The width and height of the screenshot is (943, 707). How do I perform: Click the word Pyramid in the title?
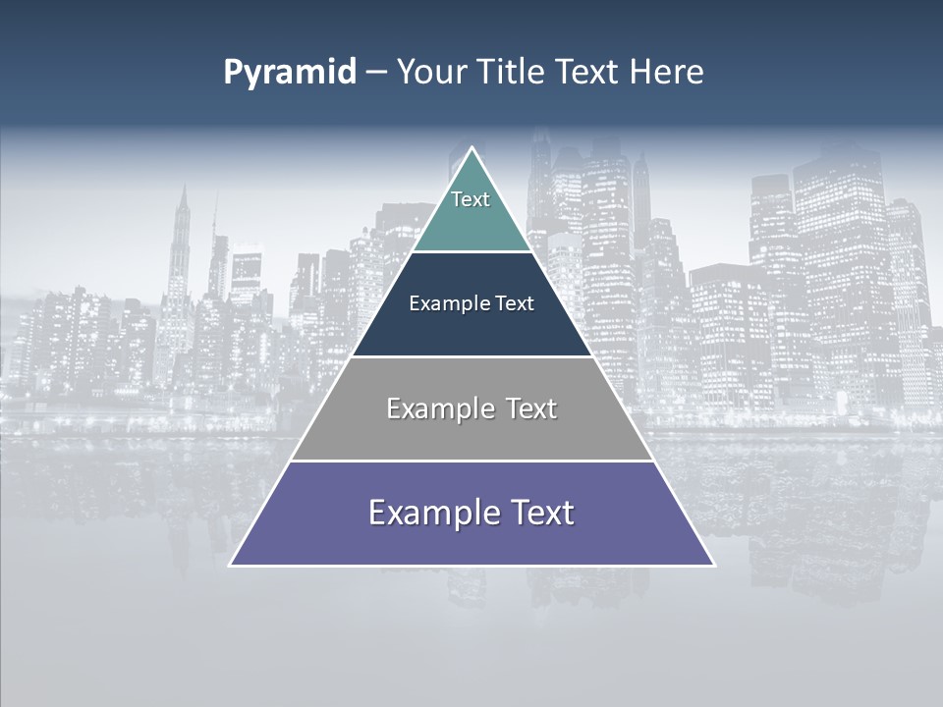coord(290,73)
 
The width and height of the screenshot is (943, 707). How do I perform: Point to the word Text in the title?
coord(588,72)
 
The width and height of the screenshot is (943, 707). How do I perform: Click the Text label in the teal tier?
coord(471,199)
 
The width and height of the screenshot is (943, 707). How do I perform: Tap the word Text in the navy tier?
coord(515,303)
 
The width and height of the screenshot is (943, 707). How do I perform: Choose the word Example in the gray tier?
coord(438,408)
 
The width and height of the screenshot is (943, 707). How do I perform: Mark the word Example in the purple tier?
coord(426,514)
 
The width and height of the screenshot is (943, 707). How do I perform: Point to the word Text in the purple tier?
coord(543,513)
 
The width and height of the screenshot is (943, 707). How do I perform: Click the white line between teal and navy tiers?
coord(471,251)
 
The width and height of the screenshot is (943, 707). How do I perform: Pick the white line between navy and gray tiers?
coord(471,356)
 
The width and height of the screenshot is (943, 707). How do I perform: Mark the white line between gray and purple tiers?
coord(471,461)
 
